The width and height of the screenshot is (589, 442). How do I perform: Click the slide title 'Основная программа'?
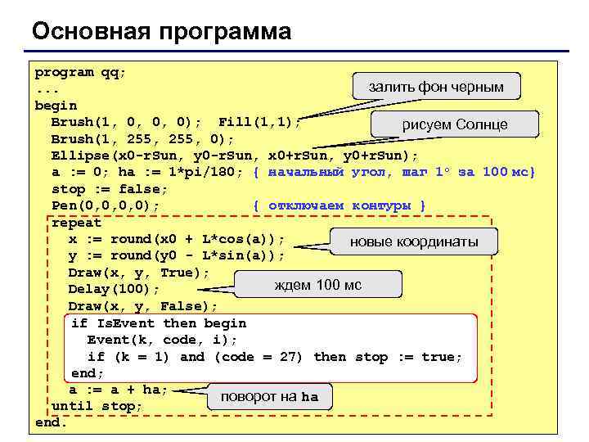click(x=161, y=31)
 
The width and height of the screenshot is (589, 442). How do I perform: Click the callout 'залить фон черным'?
click(x=436, y=86)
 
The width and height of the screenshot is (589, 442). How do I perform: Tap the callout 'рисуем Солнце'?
click(x=455, y=124)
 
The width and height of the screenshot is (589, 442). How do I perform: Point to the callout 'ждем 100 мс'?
click(x=317, y=285)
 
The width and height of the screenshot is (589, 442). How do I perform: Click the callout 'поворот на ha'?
click(x=269, y=397)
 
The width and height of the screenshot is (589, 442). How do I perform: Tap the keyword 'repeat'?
click(x=76, y=223)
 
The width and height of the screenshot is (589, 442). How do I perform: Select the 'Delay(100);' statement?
click(x=114, y=290)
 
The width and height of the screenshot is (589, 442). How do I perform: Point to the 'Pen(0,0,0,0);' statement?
click(x=106, y=205)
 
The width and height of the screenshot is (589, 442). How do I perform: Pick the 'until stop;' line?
click(x=97, y=407)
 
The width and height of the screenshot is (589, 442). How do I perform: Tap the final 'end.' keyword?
click(x=51, y=423)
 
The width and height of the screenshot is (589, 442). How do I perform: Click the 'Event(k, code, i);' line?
click(x=162, y=340)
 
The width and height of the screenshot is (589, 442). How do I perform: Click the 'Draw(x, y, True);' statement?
click(x=138, y=273)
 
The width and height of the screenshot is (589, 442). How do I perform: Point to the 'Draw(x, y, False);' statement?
click(x=142, y=306)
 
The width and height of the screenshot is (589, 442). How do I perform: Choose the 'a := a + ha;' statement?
click(x=118, y=390)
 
